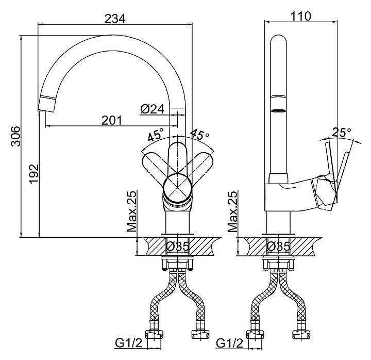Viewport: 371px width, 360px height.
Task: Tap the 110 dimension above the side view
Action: coord(301,15)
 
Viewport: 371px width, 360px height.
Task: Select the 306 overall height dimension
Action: coord(16,136)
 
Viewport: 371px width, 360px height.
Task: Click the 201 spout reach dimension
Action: coord(112,120)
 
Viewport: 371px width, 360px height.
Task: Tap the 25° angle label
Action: coord(341,133)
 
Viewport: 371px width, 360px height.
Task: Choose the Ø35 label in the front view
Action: coord(177,247)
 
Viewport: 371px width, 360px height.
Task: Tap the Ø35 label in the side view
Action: coord(278,247)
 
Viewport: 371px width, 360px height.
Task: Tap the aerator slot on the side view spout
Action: coord(279,110)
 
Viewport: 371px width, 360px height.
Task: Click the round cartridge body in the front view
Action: coord(178,187)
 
